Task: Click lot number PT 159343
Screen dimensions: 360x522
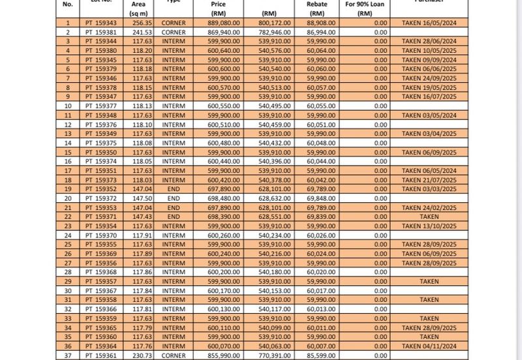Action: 100,23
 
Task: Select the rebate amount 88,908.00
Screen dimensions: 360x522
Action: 318,23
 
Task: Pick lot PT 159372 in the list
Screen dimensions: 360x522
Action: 100,198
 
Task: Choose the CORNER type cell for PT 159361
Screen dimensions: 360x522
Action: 174,355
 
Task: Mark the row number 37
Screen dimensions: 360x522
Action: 67,355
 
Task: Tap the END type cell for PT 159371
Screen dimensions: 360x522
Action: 174,217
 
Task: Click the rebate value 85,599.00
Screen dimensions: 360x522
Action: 318,355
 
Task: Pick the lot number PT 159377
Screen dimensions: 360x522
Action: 100,106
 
